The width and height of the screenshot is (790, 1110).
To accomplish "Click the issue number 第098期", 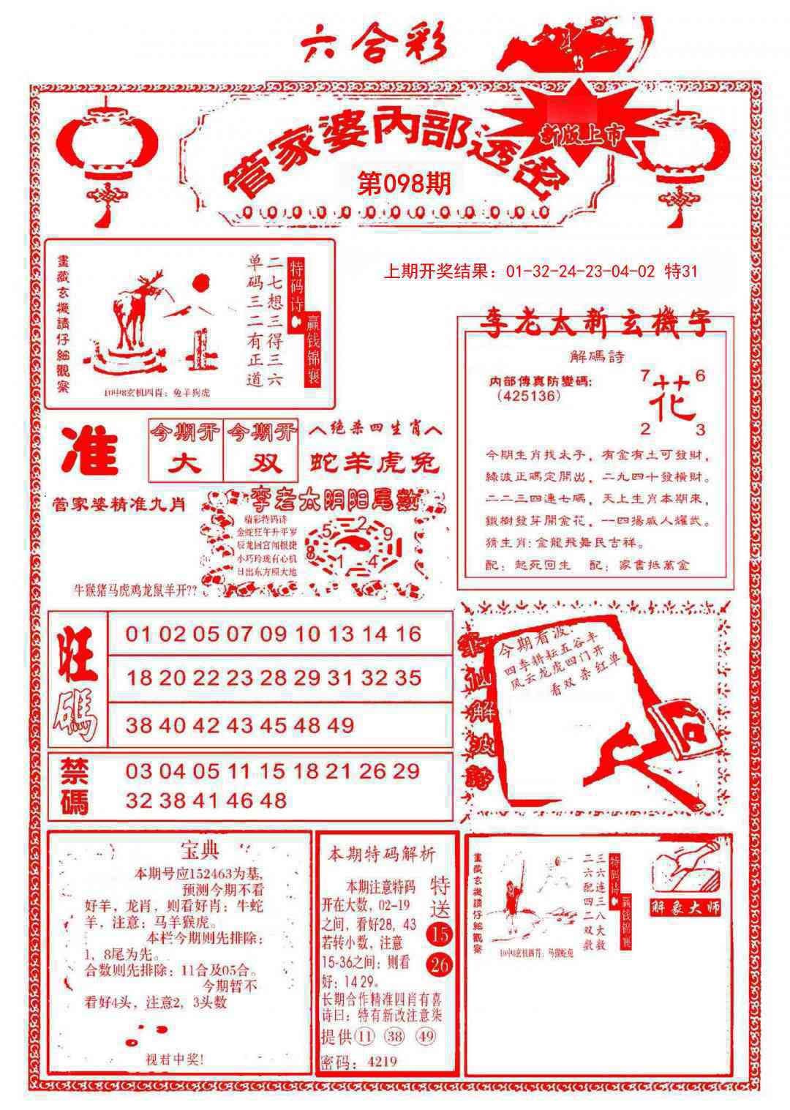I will point(405,183).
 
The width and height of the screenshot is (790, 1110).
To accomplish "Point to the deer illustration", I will point(135,315).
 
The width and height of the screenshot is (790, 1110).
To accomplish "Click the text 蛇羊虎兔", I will point(375,462).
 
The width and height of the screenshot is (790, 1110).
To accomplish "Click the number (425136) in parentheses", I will point(528,396).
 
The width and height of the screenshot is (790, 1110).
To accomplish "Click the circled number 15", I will point(440,934).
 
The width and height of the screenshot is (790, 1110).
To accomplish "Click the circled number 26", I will point(440,965).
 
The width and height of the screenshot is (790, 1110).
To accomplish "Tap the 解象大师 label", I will point(685,907).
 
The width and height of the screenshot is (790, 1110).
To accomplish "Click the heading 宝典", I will point(199,850).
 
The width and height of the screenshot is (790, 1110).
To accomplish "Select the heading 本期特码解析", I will point(381,854).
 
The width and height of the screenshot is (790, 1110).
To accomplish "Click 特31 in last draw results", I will point(680,272).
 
